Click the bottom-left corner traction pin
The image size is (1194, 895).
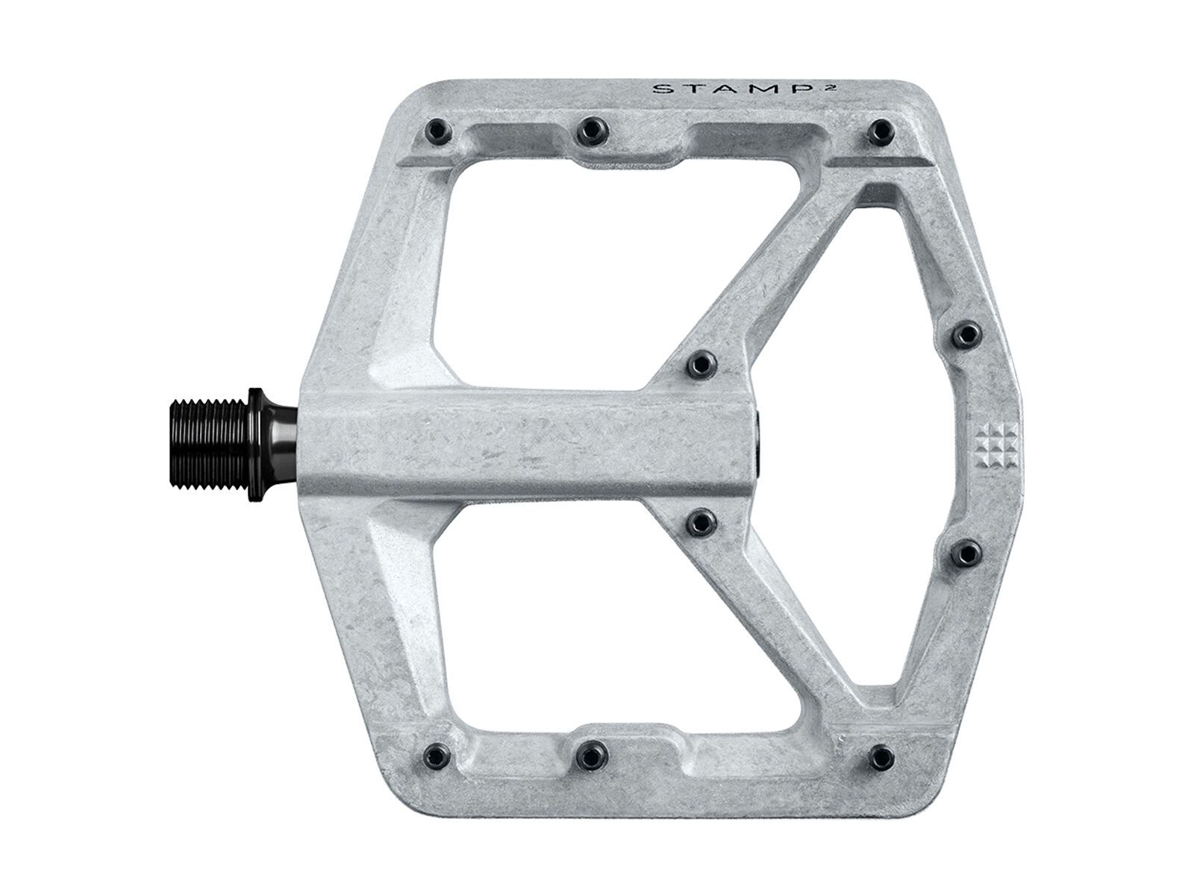(437, 754)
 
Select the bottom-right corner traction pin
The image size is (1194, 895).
(883, 755)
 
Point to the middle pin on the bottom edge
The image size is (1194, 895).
(590, 756)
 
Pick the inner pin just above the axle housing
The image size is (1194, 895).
(701, 364)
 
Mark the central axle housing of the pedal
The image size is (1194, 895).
(522, 444)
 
